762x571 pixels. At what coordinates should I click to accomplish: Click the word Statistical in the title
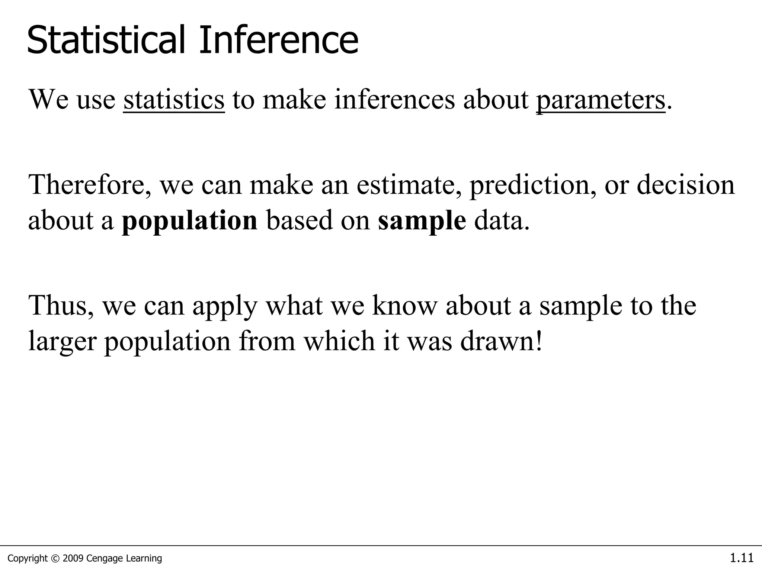pyautogui.click(x=106, y=40)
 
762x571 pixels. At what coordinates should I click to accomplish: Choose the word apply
pyautogui.click(x=224, y=306)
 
